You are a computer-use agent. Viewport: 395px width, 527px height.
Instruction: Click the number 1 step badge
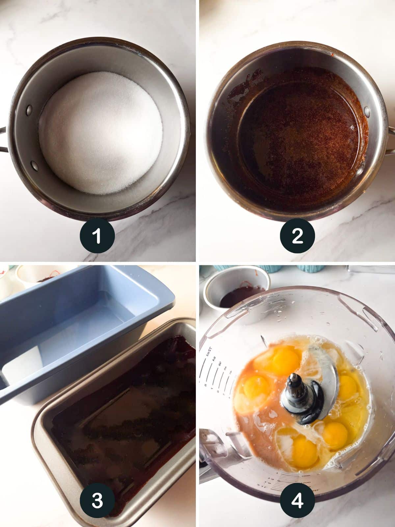pyautogui.click(x=97, y=236)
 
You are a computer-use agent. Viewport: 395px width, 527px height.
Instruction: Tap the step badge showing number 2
pyautogui.click(x=297, y=236)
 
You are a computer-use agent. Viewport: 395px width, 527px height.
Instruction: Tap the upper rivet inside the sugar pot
pyautogui.click(x=29, y=108)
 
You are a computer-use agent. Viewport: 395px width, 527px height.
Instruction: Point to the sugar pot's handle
pyautogui.click(x=3, y=140)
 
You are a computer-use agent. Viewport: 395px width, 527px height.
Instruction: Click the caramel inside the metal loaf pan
pyautogui.click(x=122, y=412)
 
